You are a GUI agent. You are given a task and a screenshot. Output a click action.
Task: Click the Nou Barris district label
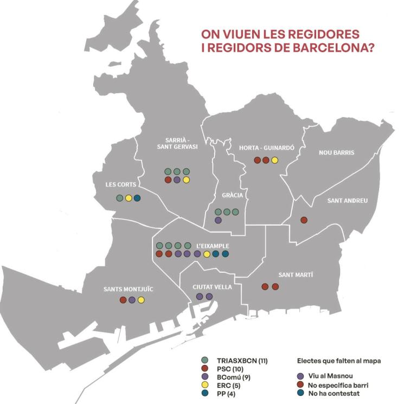coord(336,152)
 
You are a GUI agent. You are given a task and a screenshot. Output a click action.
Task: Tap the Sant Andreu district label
coord(347,200)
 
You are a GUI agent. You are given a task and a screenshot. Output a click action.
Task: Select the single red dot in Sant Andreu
coord(304,220)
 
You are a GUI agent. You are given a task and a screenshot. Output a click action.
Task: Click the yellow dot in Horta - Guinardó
coord(274,160)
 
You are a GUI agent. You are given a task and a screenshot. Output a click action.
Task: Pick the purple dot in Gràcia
coord(217,220)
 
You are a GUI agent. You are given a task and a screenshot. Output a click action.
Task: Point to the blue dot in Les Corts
coord(137,198)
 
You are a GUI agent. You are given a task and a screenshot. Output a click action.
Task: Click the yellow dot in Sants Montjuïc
coord(141,300)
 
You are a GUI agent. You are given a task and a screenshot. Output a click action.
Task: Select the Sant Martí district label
coord(296,275)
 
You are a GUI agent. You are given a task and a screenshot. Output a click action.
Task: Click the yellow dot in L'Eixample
coord(207,254)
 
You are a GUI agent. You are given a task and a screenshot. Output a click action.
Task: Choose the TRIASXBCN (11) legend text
coord(242,360)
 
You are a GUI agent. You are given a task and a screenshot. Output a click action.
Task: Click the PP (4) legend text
coord(227,394)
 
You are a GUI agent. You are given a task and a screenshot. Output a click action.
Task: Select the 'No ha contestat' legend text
coord(338,394)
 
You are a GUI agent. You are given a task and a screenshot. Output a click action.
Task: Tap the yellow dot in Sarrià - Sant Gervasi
coord(186,179)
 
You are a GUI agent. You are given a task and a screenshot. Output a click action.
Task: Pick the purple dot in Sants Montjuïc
coord(132,300)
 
